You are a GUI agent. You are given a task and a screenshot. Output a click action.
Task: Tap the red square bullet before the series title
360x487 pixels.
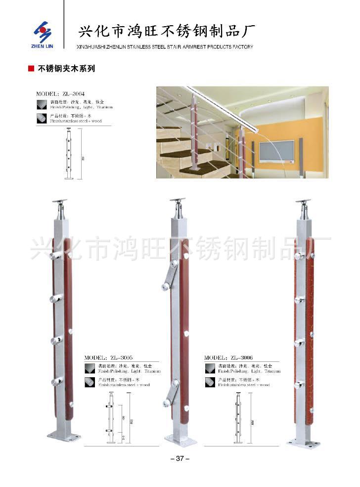31,69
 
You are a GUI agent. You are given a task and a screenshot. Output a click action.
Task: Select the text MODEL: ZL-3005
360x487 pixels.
108,357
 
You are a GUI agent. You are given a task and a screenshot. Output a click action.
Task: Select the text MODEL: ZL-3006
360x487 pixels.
228,357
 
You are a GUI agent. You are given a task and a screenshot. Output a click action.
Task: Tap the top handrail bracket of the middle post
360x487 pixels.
178,202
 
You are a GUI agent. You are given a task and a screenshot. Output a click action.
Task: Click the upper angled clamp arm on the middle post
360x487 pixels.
170,276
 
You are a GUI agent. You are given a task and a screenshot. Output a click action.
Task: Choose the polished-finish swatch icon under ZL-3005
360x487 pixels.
89,368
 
